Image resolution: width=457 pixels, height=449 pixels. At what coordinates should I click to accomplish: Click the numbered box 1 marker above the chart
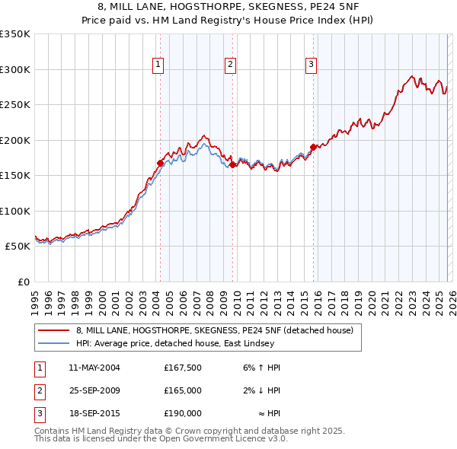pyautogui.click(x=158, y=65)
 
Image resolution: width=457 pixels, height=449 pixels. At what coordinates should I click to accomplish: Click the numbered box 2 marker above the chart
pyautogui.click(x=230, y=65)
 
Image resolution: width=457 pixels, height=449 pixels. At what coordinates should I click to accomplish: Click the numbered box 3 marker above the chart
pyautogui.click(x=312, y=65)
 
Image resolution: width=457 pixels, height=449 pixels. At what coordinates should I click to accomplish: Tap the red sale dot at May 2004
pyautogui.click(x=160, y=163)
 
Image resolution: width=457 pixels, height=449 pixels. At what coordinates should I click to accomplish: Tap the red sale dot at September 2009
pyautogui.click(x=232, y=164)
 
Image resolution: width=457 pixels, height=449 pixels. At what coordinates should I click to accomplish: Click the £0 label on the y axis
pyautogui.click(x=23, y=282)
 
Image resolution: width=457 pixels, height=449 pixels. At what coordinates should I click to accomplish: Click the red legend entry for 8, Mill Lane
pyautogui.click(x=214, y=331)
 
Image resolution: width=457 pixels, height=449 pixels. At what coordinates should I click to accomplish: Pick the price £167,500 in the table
pyautogui.click(x=182, y=368)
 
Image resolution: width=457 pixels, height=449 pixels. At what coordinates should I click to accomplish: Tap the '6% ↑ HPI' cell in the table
pyautogui.click(x=262, y=368)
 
